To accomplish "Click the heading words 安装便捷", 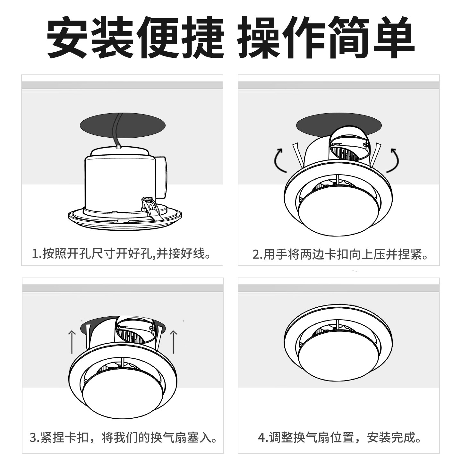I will tap(135, 38).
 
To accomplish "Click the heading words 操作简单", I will tap(326, 38).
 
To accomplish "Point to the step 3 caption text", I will tap(123, 437).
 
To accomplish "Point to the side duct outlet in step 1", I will tap(161, 178).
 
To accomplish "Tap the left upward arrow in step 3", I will tap(73, 342).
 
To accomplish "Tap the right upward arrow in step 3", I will tap(174, 342).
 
